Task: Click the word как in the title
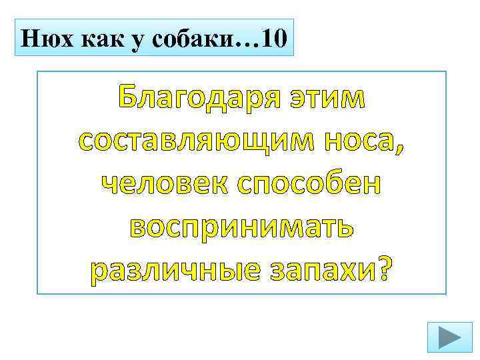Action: click(x=98, y=39)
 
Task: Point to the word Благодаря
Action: click(x=200, y=99)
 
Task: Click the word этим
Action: click(x=327, y=99)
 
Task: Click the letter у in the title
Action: click(x=134, y=40)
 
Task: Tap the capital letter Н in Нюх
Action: click(x=31, y=38)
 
